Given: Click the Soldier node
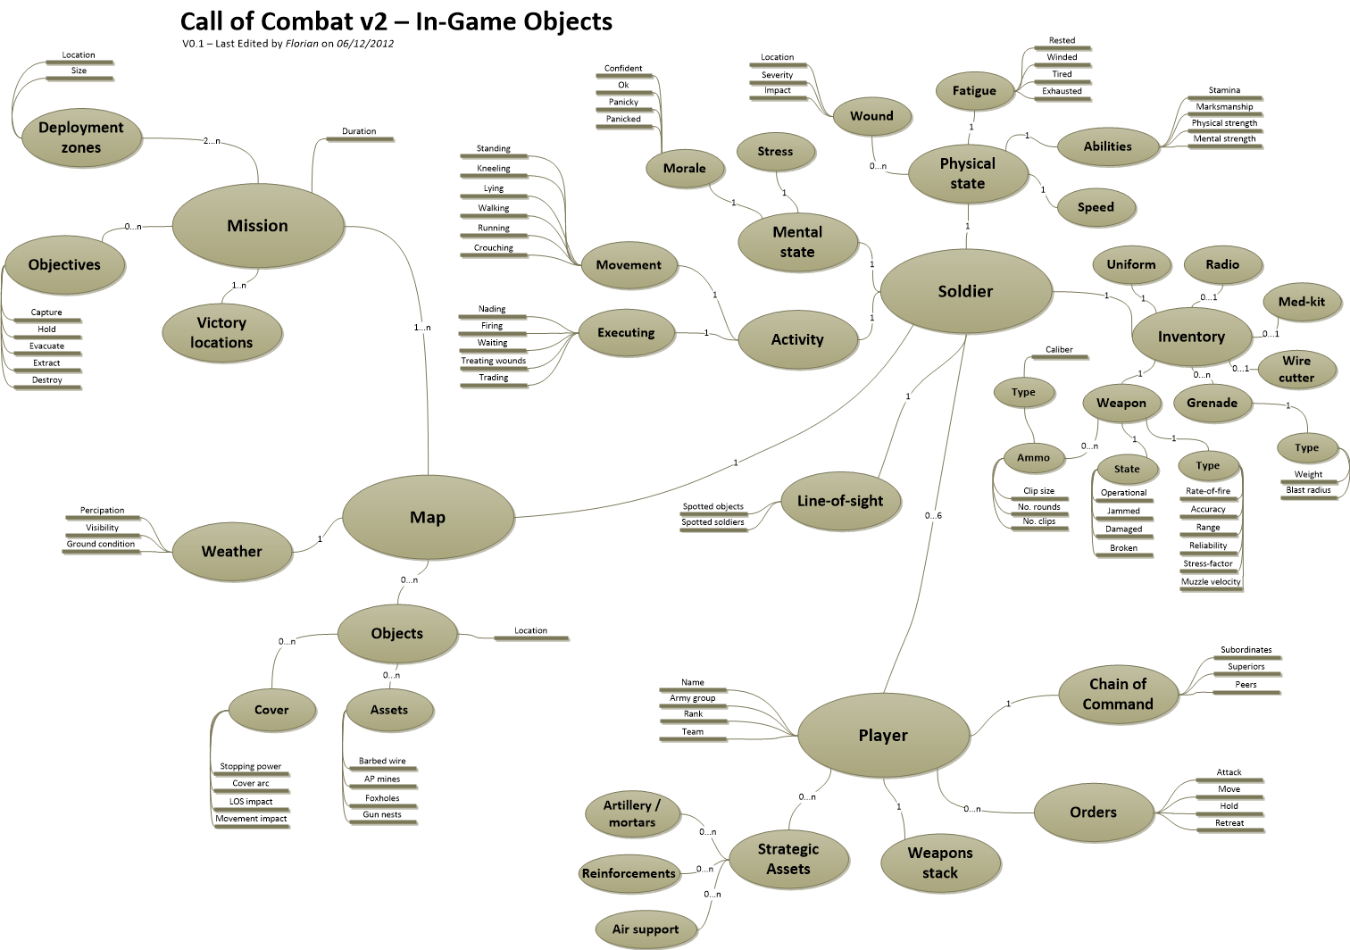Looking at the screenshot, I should click(x=965, y=291).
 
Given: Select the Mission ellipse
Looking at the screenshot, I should click(x=257, y=226).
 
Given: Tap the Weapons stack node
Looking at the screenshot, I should click(x=939, y=862).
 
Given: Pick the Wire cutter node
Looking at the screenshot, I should click(x=1296, y=369).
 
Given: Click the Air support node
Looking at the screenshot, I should click(x=645, y=929).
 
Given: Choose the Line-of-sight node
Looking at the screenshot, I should click(x=839, y=501).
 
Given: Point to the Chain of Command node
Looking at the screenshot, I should click(x=1117, y=694).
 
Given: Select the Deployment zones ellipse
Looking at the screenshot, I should click(x=80, y=137).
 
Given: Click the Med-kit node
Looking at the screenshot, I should click(x=1301, y=302).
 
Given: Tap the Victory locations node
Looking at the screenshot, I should click(x=221, y=332).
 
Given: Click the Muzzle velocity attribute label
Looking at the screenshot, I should click(x=1211, y=582).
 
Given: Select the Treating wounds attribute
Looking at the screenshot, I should click(x=493, y=361).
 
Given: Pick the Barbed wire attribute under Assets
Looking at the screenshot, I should click(x=382, y=762).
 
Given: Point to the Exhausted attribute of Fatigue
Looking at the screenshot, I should click(x=1062, y=91).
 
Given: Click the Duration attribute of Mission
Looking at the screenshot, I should click(x=359, y=131).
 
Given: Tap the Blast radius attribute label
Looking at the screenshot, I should click(x=1308, y=490).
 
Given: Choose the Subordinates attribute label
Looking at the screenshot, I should click(x=1246, y=650).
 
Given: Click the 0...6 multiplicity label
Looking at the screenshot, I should click(x=933, y=515).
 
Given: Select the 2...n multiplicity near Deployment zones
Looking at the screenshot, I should click(x=212, y=141).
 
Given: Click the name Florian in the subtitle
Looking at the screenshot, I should click(x=302, y=44).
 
